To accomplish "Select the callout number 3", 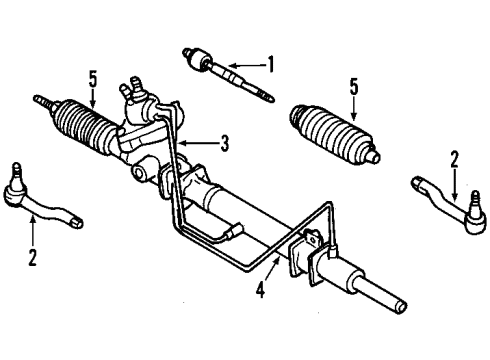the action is (x=224, y=143).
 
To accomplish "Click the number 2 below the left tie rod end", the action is (x=32, y=259).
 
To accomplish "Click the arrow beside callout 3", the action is (x=204, y=143).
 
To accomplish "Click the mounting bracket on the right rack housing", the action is (x=309, y=254).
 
